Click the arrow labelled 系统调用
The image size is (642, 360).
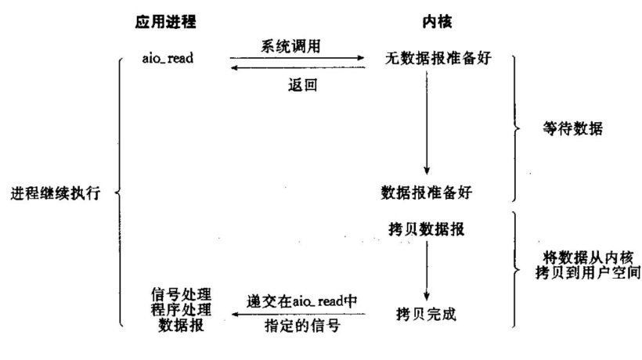coord(298,58)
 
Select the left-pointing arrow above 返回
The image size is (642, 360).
coord(298,69)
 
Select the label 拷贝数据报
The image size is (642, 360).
coord(427,228)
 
